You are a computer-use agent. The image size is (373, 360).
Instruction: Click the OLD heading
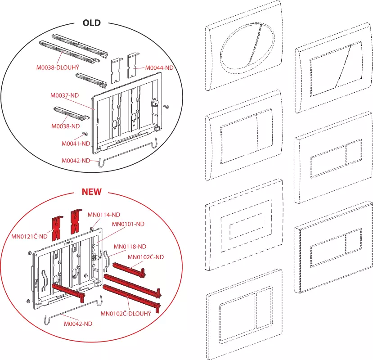(91, 22)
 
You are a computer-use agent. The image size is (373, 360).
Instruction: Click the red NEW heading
(91, 192)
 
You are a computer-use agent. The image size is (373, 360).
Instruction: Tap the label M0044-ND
(159, 68)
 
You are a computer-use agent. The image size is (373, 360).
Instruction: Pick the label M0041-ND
(76, 144)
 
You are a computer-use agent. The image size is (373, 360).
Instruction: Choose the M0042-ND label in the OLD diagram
(76, 161)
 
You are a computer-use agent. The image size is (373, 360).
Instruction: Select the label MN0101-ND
(128, 224)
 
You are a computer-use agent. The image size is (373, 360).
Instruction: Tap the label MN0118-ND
(130, 246)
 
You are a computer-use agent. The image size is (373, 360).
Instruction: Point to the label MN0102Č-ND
(145, 257)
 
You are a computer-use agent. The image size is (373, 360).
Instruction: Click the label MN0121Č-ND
(30, 236)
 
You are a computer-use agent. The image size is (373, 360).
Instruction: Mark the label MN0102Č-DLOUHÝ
(125, 313)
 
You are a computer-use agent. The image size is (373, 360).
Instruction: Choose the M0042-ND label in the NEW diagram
(78, 323)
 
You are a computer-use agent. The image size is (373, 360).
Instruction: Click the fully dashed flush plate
(243, 225)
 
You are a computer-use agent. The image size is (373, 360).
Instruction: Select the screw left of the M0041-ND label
(84, 135)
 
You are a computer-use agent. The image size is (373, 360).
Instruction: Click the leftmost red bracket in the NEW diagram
(57, 226)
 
